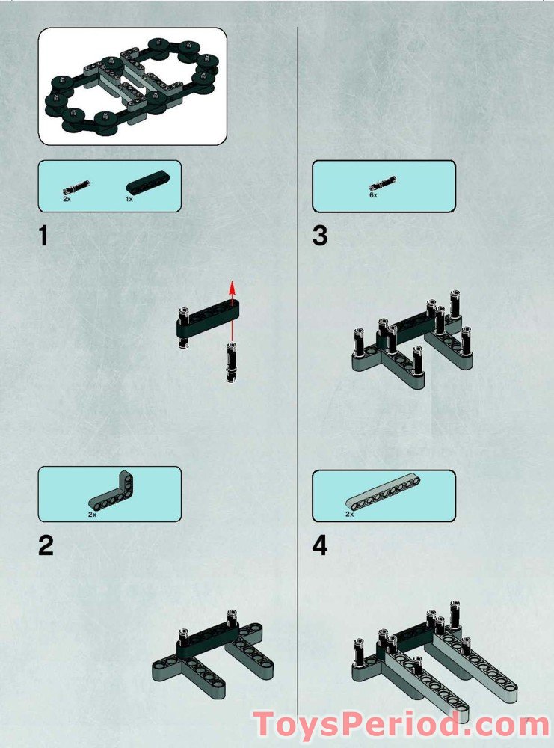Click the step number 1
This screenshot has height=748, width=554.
pyautogui.click(x=44, y=236)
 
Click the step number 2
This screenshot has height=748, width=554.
pyautogui.click(x=46, y=546)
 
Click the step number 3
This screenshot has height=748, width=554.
pyautogui.click(x=320, y=236)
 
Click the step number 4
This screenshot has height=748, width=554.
pyautogui.click(x=320, y=546)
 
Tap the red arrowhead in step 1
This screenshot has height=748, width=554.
pyautogui.click(x=233, y=289)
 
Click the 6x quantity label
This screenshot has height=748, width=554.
pyautogui.click(x=373, y=195)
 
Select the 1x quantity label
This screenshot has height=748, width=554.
pyautogui.click(x=129, y=200)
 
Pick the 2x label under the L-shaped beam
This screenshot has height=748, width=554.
pyautogui.click(x=93, y=515)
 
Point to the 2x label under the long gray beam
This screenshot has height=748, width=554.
pyautogui.click(x=349, y=515)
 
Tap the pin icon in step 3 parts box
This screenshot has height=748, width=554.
pyautogui.click(x=383, y=183)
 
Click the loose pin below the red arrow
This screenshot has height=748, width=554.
pyautogui.click(x=231, y=362)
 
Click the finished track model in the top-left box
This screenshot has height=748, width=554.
pyautogui.click(x=132, y=86)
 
